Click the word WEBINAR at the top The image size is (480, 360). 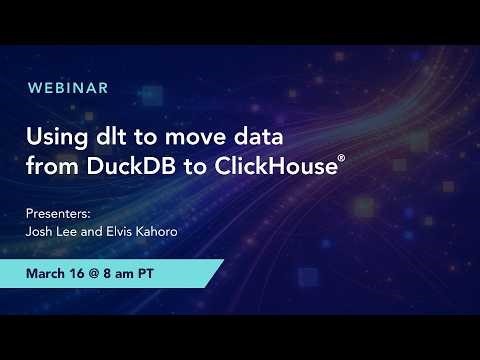pyautogui.click(x=68, y=88)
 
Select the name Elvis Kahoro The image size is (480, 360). pyautogui.click(x=145, y=232)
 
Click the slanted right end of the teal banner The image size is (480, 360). pyautogui.click(x=213, y=273)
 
